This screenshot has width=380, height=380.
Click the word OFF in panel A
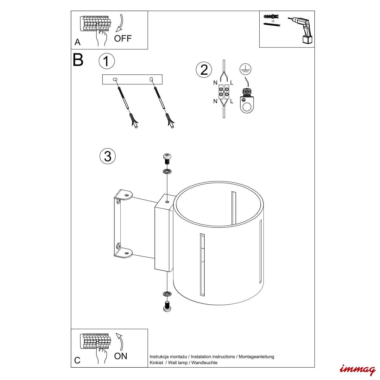[x=123, y=38]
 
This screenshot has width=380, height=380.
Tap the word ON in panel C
[x=120, y=356]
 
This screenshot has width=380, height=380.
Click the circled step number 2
[x=204, y=70]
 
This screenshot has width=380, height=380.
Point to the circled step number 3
[x=107, y=156]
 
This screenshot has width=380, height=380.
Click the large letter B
[x=78, y=60]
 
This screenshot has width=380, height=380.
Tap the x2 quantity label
[x=273, y=21]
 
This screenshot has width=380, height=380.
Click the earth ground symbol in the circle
[x=245, y=69]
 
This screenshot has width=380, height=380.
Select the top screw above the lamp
[x=167, y=158]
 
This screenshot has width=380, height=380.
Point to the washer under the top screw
[x=167, y=171]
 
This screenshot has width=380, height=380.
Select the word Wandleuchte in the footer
[x=204, y=363]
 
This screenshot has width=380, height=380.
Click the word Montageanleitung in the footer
[x=256, y=357]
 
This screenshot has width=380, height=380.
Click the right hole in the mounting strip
[x=151, y=79]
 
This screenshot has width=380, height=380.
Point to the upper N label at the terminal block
[x=215, y=83]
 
